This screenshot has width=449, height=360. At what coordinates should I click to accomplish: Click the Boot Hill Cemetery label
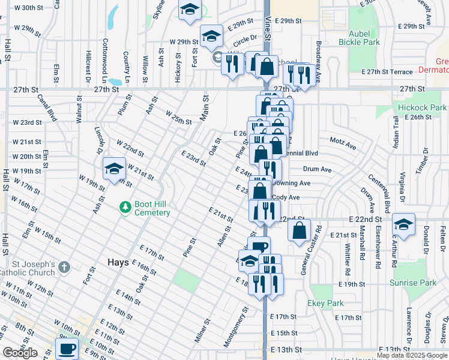(152, 208)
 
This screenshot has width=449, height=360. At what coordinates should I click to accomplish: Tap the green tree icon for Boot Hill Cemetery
(125, 208)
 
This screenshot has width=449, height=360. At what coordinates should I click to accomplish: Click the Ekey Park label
(326, 304)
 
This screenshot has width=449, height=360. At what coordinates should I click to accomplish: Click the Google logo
(20, 352)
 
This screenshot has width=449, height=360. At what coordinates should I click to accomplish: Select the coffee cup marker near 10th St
(67, 347)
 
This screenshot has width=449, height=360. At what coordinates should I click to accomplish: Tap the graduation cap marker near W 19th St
(113, 169)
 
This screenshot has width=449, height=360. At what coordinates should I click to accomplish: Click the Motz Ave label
(343, 146)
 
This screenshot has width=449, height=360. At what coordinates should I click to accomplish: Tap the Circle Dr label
(244, 37)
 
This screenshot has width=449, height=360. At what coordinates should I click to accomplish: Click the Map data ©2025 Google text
(411, 355)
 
